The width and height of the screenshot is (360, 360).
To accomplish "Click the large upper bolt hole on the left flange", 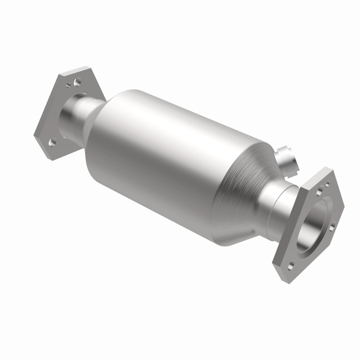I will [x=77, y=82].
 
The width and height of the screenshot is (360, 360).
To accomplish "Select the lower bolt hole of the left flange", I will [x=52, y=143].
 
